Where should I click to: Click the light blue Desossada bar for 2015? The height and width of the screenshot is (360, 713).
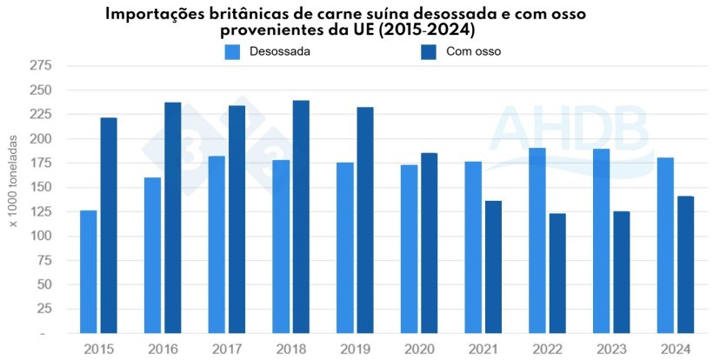tap(88, 271)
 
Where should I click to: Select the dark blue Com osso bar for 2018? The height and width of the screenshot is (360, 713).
tap(301, 217)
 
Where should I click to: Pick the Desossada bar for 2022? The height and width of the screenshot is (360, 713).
tap(537, 240)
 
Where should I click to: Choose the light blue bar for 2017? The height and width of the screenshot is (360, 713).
tap(217, 244)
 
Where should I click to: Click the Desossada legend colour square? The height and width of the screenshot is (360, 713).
tap(232, 52)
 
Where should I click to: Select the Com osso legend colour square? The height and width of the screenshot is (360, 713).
tap(429, 52)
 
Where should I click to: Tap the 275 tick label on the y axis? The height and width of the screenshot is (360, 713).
tap(40, 66)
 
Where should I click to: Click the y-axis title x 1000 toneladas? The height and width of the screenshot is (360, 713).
tap(14, 188)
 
